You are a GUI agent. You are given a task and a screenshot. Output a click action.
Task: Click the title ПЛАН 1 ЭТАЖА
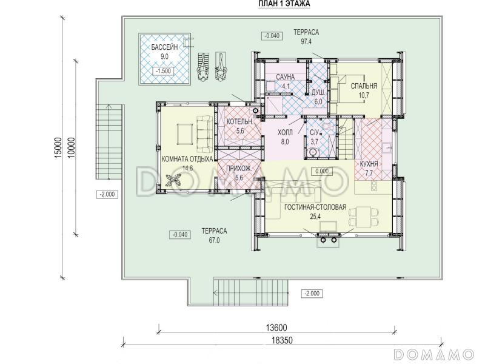pyautogui.click(x=284, y=4)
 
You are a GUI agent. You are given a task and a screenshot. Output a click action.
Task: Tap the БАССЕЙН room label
pyautogui.click(x=164, y=47)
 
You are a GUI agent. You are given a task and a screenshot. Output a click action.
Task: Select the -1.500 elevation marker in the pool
pyautogui.click(x=164, y=71)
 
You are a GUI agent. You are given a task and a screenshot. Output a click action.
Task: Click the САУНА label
pyautogui.click(x=285, y=77)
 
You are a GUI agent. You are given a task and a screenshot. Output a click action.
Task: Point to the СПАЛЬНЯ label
pyautogui.click(x=364, y=86)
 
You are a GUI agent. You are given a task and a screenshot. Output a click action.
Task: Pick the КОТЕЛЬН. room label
pyautogui.click(x=240, y=122)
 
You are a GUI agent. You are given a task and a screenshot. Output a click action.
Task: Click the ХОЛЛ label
pyautogui.click(x=285, y=133)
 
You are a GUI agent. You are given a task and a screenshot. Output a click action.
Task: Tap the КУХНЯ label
pyautogui.click(x=369, y=164)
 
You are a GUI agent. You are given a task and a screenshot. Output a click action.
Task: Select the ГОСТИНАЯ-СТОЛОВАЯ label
pyautogui.click(x=315, y=207)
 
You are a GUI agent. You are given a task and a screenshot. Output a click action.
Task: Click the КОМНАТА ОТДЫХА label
pyautogui.click(x=187, y=159)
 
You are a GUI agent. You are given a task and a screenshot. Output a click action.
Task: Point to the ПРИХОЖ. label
pyautogui.click(x=239, y=169)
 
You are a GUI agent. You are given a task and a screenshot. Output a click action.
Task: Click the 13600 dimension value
pyautogui.click(x=276, y=328)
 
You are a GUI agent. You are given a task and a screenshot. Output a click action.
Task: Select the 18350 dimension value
pyautogui.click(x=282, y=340)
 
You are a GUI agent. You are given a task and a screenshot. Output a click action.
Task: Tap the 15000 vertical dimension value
pyautogui.click(x=58, y=148)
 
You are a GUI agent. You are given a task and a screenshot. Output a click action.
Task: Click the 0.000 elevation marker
pyautogui.click(x=322, y=171)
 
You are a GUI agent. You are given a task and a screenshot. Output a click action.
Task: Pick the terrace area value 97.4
pyautogui.click(x=306, y=41)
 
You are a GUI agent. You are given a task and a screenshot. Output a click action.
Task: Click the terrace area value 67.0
pyautogui.click(x=214, y=240)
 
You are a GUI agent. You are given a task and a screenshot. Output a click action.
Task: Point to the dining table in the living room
pyautogui.click(x=364, y=217)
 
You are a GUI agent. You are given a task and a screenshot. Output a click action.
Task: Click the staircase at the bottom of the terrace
pyautogui.click(x=251, y=292)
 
